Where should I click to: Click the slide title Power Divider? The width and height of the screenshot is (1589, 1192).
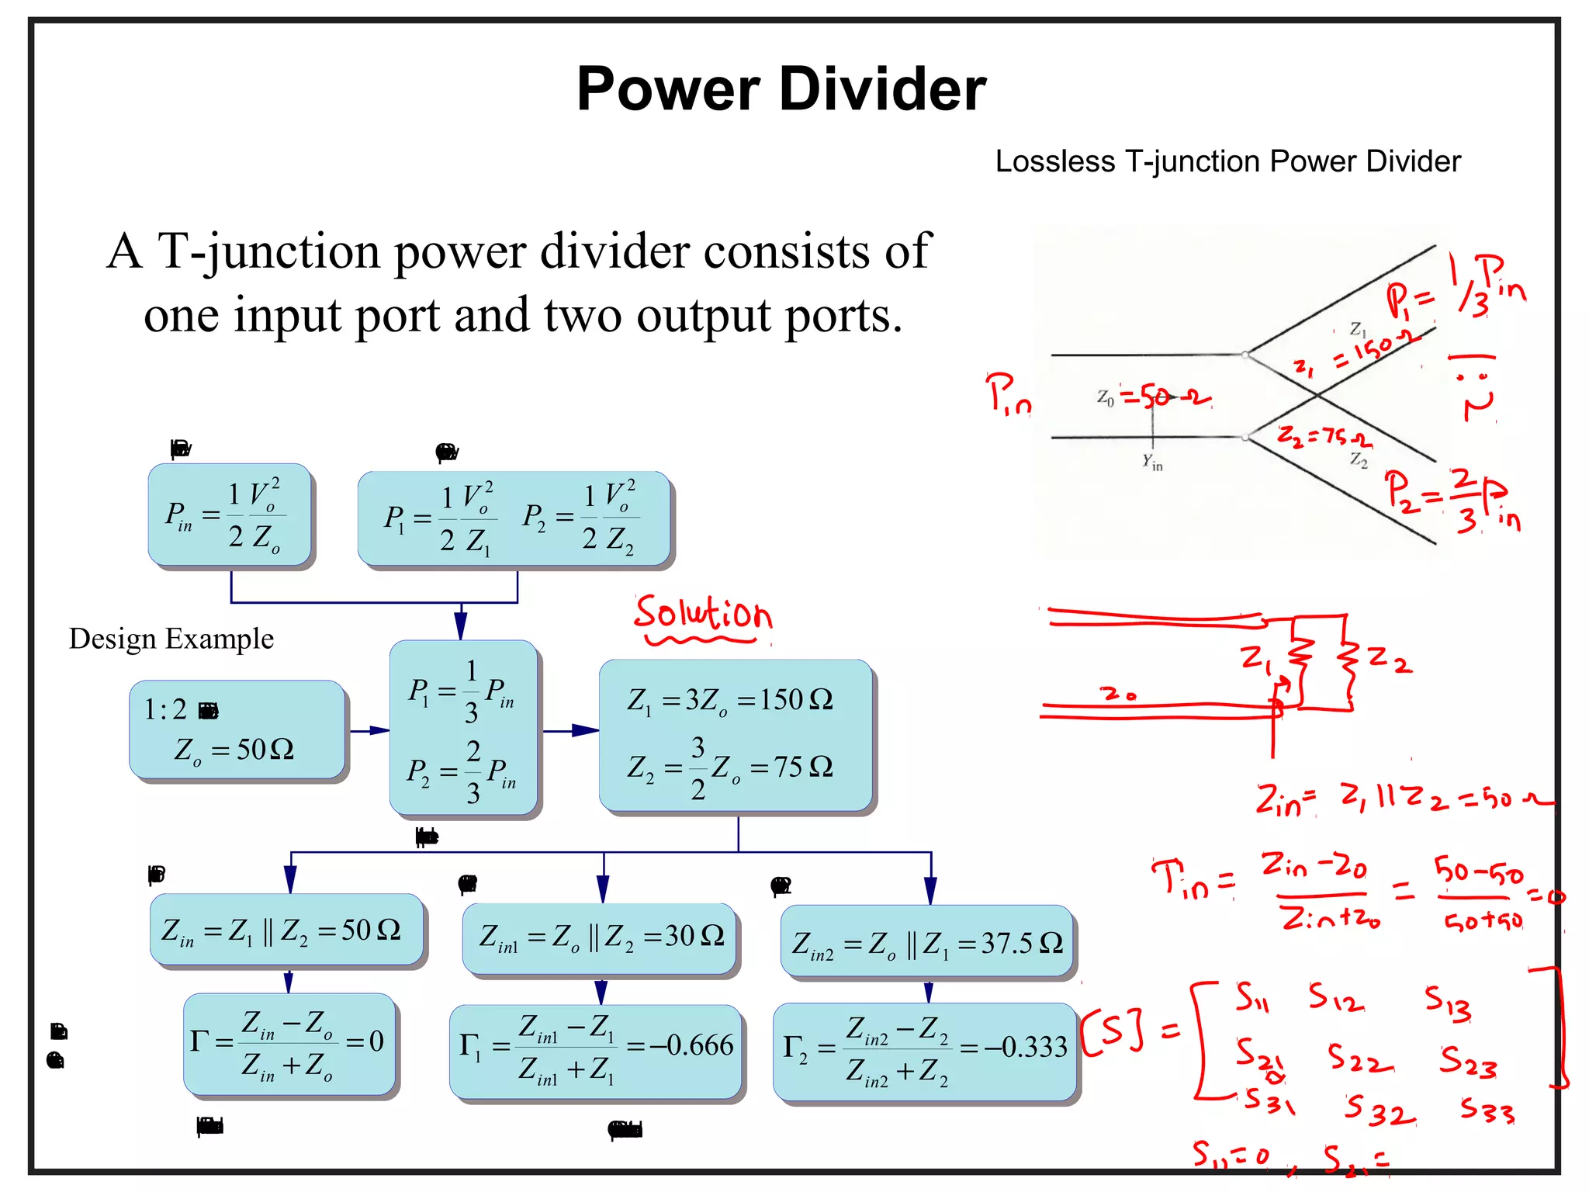click(781, 88)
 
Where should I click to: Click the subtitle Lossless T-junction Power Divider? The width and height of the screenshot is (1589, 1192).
click(1227, 161)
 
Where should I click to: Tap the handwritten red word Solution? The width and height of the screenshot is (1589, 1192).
click(702, 615)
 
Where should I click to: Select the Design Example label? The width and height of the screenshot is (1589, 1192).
click(171, 639)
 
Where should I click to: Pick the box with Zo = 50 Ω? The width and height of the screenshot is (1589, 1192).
click(237, 730)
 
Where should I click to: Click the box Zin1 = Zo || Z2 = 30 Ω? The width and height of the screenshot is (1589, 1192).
click(599, 937)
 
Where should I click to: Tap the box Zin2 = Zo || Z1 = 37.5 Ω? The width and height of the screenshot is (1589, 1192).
click(928, 942)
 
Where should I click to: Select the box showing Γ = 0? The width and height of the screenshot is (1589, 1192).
click(289, 1044)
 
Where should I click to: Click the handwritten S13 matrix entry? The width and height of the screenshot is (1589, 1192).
click(1448, 1002)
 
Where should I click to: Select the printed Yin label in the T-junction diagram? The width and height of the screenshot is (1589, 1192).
click(1152, 462)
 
